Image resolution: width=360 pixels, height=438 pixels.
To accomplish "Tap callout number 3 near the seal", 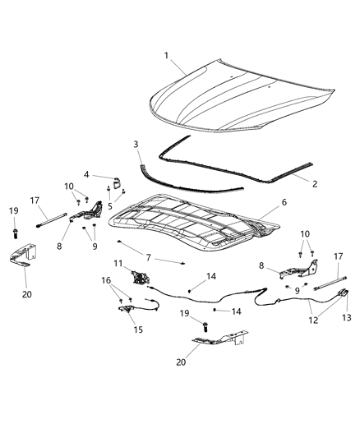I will pyautogui.click(x=136, y=145).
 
